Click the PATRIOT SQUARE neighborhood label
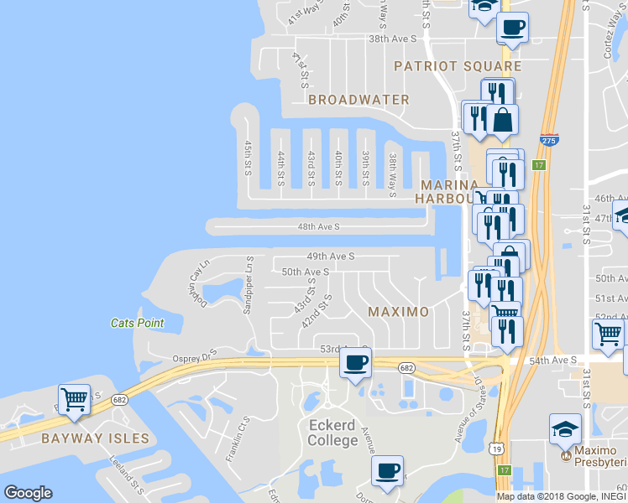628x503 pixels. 458,65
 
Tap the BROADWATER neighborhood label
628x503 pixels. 358,100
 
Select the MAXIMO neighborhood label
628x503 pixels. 399,312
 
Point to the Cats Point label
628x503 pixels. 138,323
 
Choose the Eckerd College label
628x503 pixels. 332,433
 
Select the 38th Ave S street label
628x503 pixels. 392,39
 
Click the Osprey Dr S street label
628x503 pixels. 194,355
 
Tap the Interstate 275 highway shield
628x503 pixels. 549,142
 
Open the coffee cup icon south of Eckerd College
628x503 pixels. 386,470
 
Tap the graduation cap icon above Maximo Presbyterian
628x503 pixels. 565,428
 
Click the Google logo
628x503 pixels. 28,493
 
